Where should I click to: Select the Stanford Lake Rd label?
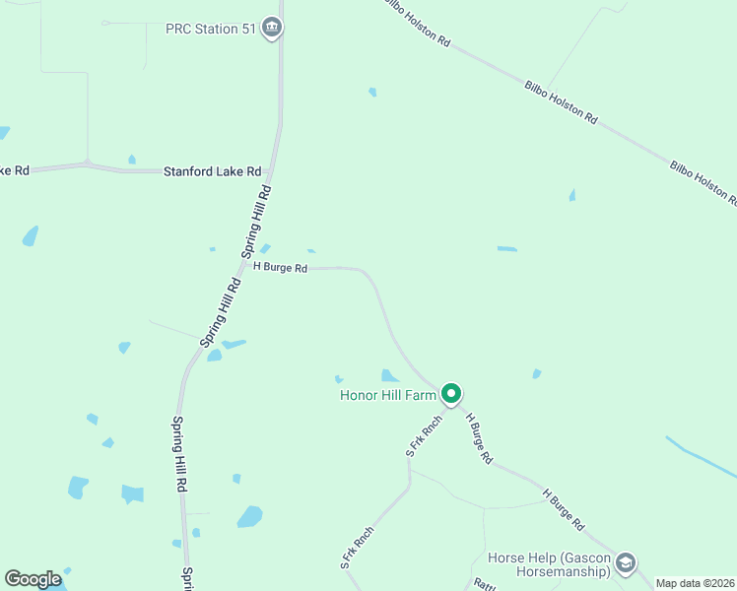point(212,170)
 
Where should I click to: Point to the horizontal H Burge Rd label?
point(281,267)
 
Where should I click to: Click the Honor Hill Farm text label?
point(387,395)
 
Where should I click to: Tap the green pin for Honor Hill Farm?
point(451,394)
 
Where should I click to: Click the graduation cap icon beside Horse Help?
point(625,563)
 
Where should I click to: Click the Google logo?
point(33,579)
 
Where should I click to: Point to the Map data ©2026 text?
point(695,583)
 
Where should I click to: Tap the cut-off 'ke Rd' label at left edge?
point(14,170)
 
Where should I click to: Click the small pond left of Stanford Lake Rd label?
point(131,159)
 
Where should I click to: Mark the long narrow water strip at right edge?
point(700,458)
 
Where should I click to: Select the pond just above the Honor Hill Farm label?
point(390,375)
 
